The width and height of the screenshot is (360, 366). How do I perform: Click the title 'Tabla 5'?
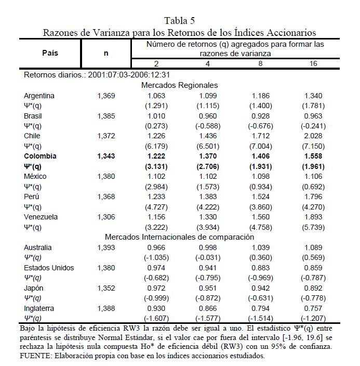pos(180,21)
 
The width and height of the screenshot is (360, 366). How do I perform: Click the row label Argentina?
pos(39,96)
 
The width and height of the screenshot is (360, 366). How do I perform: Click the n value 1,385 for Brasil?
pos(106,116)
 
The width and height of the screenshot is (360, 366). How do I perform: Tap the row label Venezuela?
pos(41,216)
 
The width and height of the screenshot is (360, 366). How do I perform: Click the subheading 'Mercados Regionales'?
pos(179,85)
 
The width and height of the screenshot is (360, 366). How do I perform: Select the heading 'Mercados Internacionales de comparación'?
pos(179,237)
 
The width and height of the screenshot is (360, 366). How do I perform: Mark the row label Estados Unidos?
pos(49,268)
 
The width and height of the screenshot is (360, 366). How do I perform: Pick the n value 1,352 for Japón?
pos(106,288)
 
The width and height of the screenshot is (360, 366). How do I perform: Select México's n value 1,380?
pos(106,176)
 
